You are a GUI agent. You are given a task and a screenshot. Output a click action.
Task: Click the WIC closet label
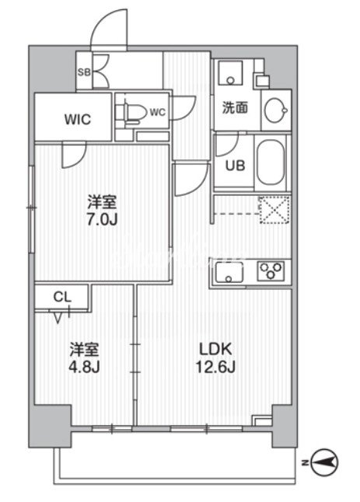pyautogui.click(x=78, y=120)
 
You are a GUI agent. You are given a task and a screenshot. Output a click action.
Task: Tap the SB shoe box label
pyautogui.click(x=84, y=72)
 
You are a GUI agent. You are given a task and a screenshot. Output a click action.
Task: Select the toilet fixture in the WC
pyautogui.click(x=131, y=112)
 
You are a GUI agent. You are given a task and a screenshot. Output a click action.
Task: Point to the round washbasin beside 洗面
pyautogui.click(x=275, y=110)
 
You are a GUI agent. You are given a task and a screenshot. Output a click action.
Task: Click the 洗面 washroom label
pyautogui.click(x=235, y=107)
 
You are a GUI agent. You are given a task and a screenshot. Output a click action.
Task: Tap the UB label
pyautogui.click(x=235, y=166)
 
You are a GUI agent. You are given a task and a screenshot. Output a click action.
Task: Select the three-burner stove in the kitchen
pyautogui.click(x=271, y=271)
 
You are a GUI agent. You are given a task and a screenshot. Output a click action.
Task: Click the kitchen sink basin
pyautogui.click(x=229, y=272)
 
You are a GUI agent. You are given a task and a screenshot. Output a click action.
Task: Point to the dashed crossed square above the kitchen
pyautogui.click(x=275, y=210)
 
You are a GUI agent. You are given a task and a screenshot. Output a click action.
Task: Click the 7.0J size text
pyautogui.click(x=103, y=220)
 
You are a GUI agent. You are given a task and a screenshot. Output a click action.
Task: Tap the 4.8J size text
pyautogui.click(x=85, y=367)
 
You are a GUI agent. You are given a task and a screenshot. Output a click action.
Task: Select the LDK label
pyautogui.click(x=215, y=349)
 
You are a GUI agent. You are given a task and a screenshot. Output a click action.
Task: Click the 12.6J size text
pyautogui.click(x=215, y=367)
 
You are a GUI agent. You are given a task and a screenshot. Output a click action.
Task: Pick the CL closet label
pyautogui.click(x=62, y=298)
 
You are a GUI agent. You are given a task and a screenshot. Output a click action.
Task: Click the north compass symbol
pyautogui.click(x=324, y=462)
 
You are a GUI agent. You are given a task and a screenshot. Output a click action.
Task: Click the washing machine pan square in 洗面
pyautogui.click(x=230, y=73)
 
